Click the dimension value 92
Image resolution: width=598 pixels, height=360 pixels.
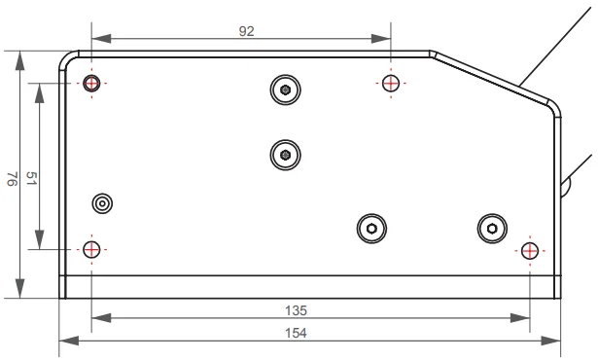(246, 31)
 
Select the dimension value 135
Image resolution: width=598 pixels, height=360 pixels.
(296, 310)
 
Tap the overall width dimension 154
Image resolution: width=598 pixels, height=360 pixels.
(296, 334)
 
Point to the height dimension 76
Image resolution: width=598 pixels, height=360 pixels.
(13, 179)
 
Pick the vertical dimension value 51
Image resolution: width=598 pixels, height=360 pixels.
(31, 178)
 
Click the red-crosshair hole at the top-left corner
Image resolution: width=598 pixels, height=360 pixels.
(91, 83)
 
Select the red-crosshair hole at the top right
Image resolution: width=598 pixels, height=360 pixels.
(391, 83)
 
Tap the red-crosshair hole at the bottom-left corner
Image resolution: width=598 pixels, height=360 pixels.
(91, 250)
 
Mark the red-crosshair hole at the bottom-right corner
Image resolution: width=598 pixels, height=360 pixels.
(530, 251)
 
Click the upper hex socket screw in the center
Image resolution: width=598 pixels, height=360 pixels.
(285, 90)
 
